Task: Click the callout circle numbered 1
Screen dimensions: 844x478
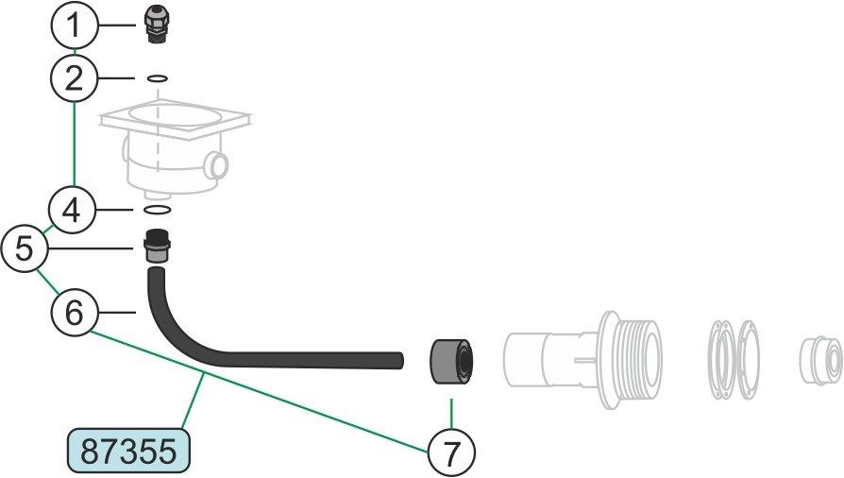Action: (x=75, y=26)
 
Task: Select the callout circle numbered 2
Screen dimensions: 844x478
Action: (x=75, y=78)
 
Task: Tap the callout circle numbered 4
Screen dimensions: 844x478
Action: (x=72, y=210)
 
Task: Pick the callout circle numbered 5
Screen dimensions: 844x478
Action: (x=25, y=248)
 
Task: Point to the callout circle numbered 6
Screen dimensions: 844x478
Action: (x=75, y=312)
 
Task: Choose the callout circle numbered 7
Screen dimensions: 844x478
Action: (x=451, y=452)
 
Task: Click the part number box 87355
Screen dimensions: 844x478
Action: (x=129, y=451)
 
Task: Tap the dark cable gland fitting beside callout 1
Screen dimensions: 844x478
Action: (x=157, y=25)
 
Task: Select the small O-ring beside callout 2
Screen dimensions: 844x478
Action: (x=157, y=78)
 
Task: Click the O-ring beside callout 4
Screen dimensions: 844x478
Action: (x=158, y=209)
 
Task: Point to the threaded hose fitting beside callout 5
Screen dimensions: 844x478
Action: (x=157, y=247)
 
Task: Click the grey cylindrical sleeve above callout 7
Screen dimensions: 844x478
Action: (x=451, y=361)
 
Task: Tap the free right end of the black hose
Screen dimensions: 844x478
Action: (x=400, y=361)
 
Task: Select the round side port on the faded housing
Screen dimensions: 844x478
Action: (x=218, y=165)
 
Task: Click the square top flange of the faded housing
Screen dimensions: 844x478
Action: (x=176, y=120)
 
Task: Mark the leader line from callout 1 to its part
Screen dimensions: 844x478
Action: (x=117, y=25)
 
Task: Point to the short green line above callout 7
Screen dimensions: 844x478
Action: (x=451, y=414)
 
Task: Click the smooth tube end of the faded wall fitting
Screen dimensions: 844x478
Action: (x=525, y=360)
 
